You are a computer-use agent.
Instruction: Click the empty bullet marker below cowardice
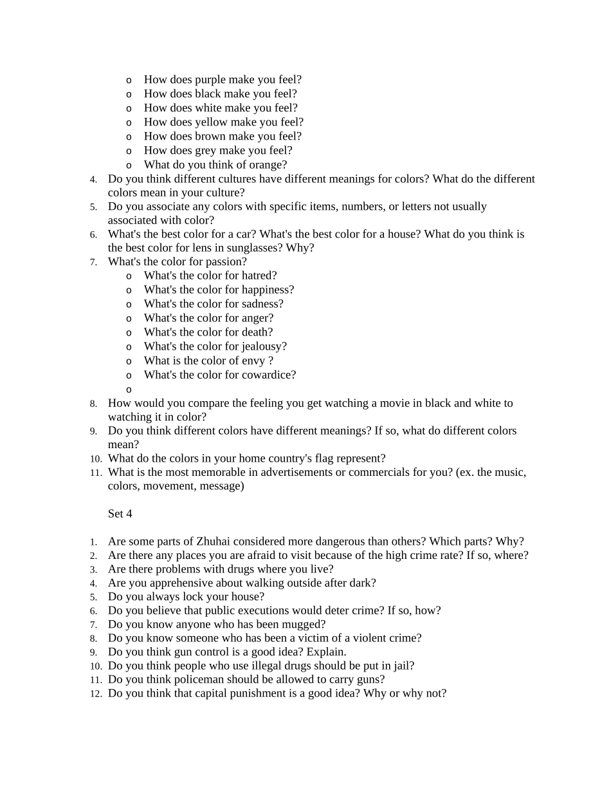pyautogui.click(x=129, y=390)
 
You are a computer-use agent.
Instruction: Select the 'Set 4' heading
pyautogui.click(x=120, y=514)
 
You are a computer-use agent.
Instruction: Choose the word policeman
pyautogui.click(x=196, y=679)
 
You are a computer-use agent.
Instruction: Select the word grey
pyautogui.click(x=206, y=151)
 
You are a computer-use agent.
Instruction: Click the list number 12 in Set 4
pyautogui.click(x=96, y=694)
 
